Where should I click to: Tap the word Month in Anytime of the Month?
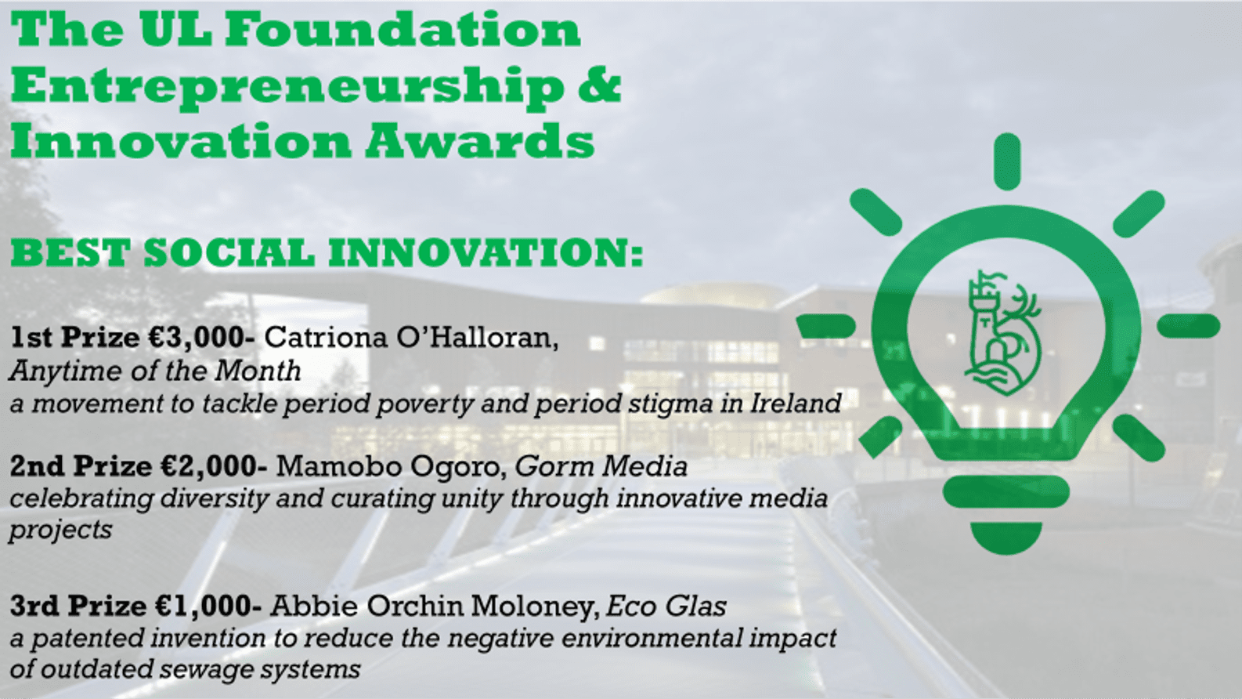click(258, 371)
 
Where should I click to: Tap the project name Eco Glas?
click(666, 606)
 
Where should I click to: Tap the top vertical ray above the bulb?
click(1008, 161)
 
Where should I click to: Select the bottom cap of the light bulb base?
click(1006, 537)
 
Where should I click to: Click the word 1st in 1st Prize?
click(32, 338)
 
